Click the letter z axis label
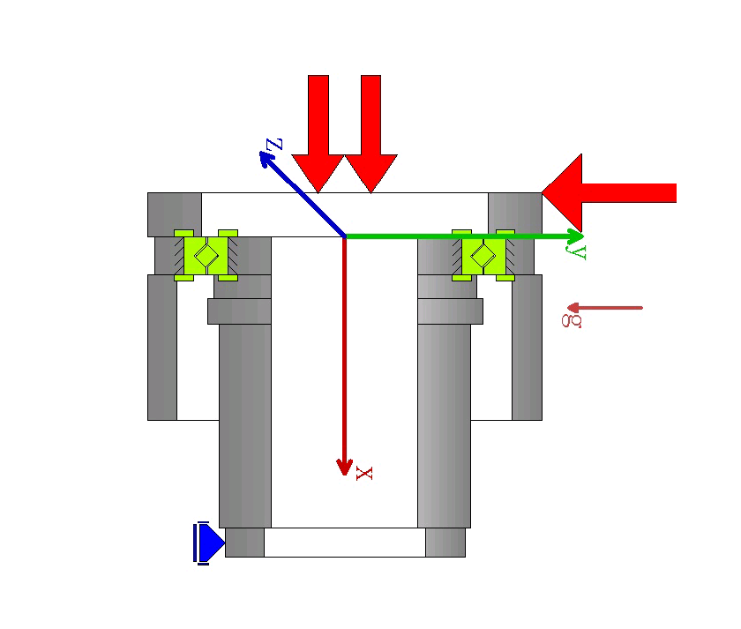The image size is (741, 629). pos(274,143)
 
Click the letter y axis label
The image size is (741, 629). pos(579,252)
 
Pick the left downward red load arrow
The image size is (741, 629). pos(318,132)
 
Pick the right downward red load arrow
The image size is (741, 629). pos(370,132)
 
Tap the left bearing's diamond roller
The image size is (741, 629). pos(206,255)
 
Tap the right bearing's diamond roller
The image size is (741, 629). pos(483,255)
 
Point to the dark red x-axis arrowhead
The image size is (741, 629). pos(345,467)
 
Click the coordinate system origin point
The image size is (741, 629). pos(344,236)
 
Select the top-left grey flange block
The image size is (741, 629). pos(175,213)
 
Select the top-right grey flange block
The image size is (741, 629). pos(515,213)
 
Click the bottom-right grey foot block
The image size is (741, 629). pos(445,542)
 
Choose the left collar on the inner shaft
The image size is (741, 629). pos(240,311)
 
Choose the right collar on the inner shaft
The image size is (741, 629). pos(450,311)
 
